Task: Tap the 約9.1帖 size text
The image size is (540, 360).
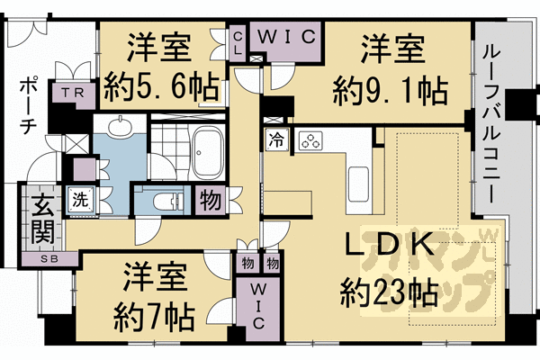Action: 390,89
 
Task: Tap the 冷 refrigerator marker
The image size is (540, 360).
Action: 274,140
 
